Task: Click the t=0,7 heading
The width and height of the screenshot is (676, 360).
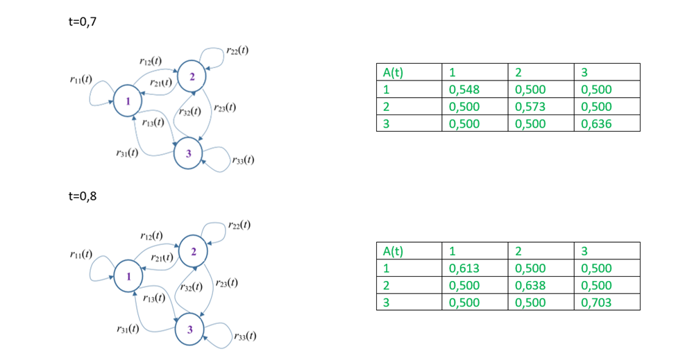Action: click(82, 22)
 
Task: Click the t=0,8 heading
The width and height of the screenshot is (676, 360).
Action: click(82, 196)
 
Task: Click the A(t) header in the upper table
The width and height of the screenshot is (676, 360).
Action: click(393, 72)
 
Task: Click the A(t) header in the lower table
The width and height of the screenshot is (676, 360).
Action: click(393, 251)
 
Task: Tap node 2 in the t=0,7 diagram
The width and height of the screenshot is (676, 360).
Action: click(192, 74)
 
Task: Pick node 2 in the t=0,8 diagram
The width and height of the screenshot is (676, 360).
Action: click(194, 250)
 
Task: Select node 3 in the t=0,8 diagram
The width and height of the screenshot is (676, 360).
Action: click(189, 329)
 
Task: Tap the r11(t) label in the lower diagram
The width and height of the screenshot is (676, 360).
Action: click(81, 255)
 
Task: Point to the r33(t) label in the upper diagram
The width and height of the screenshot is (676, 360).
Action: click(243, 160)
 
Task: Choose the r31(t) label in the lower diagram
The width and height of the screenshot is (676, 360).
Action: click(126, 329)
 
